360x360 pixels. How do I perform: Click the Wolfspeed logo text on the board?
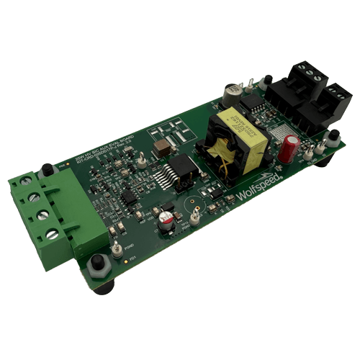click(257, 189)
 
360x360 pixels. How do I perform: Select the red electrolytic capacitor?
click(289, 146)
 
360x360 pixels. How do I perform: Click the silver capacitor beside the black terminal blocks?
click(231, 94)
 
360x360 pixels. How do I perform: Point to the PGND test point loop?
click(115, 248)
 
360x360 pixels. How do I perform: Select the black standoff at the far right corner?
click(333, 136)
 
